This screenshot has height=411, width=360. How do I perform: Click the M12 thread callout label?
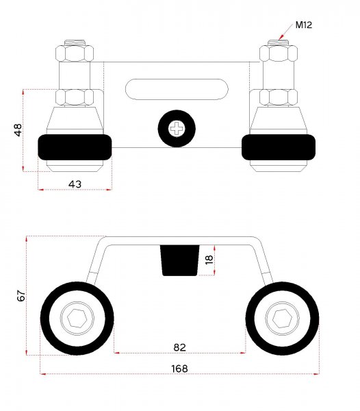coord(304,25)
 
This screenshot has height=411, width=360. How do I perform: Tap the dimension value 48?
coord(18,130)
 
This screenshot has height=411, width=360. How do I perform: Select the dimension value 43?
coord(75,184)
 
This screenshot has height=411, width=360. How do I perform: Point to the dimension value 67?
coord(21,295)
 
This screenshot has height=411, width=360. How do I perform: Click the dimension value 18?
coord(209,260)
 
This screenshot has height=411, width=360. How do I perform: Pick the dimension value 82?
coord(179,347)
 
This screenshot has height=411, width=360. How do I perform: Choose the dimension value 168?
coord(179,369)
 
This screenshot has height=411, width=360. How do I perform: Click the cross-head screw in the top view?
coord(177,129)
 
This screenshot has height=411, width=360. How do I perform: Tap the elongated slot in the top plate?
coord(177,89)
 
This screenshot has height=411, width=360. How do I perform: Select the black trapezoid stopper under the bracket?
coord(179,260)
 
